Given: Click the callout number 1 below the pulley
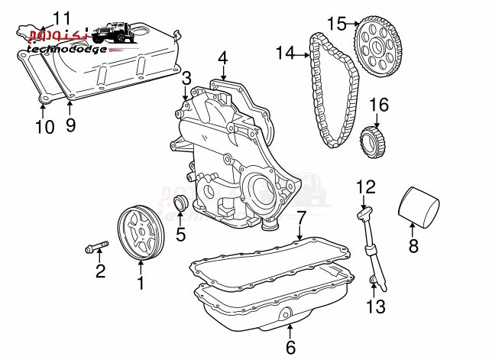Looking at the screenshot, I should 141,284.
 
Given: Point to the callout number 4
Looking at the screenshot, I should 222,57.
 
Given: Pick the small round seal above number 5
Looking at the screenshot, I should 181,204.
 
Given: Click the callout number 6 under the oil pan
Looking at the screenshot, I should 290,349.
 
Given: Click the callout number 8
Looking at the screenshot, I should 413,246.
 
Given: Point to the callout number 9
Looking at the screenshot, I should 70,125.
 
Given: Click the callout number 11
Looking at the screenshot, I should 61,16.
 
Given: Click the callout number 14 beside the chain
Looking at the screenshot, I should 284,53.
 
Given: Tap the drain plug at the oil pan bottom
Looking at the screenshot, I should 286,313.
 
